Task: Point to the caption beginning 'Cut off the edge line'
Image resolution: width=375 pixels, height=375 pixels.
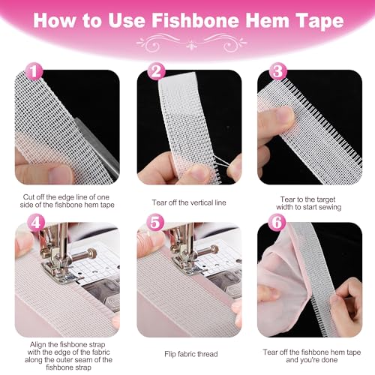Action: [x=66, y=204]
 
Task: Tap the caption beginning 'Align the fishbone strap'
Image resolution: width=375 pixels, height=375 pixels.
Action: [x=66, y=354]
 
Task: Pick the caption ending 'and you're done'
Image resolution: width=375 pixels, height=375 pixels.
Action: [x=309, y=354]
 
